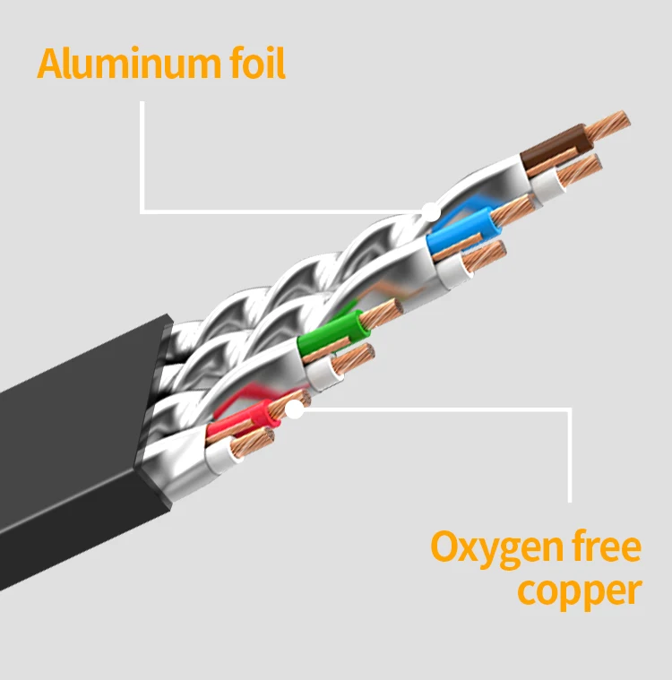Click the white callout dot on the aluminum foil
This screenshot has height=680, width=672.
point(431,212)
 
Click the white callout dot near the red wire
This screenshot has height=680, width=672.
point(294,410)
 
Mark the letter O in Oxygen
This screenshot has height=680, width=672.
point(446,547)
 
